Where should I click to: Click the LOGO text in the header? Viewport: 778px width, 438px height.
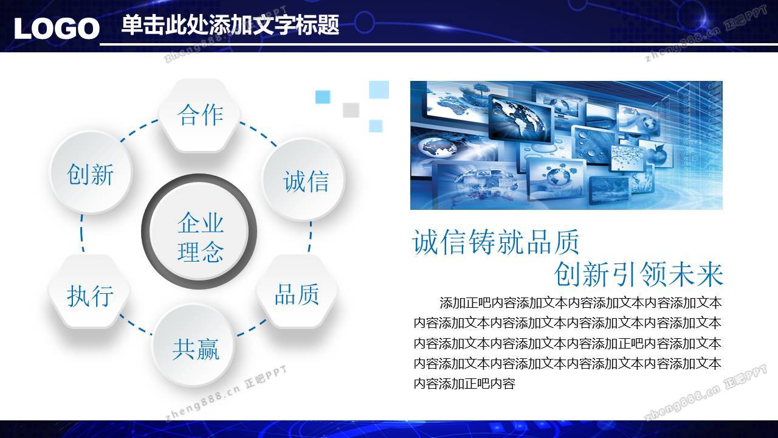[x=57, y=28]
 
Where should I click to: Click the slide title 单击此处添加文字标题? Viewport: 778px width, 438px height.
[x=230, y=25]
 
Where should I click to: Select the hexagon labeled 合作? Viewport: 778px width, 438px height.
[x=200, y=115]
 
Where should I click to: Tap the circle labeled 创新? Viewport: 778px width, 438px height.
[x=91, y=173]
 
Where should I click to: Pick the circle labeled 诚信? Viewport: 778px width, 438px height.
[x=303, y=179]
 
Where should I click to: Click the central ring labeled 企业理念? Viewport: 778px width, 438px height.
[x=199, y=232]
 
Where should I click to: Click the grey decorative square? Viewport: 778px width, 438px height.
[x=351, y=110]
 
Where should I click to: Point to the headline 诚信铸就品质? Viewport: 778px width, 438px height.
[x=495, y=242]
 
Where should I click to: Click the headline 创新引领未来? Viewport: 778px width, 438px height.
[x=638, y=274]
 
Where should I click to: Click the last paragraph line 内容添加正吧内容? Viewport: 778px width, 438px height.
[x=464, y=384]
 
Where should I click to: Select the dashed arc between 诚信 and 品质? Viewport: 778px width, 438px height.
[x=310, y=237]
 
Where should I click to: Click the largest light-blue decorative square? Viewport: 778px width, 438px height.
[x=379, y=89]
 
